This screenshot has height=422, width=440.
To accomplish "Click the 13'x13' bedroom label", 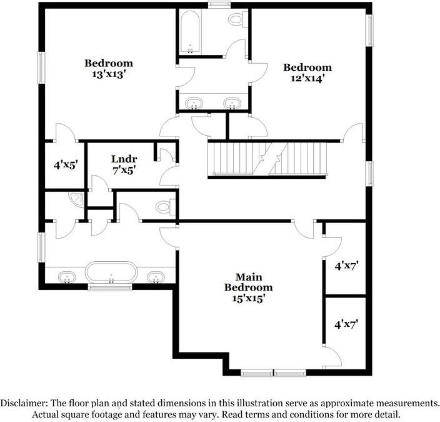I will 109,68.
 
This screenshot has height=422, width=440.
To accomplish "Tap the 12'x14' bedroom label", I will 307,73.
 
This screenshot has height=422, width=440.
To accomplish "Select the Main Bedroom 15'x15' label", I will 249,287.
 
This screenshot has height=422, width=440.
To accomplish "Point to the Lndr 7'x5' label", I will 124,163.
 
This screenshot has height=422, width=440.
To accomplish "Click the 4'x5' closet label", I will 64,165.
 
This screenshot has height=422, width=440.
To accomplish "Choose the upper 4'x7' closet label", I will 346,265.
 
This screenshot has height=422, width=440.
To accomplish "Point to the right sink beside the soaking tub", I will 156,277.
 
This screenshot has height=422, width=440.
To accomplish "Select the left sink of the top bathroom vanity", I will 195,103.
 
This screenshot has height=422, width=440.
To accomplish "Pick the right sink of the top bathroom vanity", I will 232,103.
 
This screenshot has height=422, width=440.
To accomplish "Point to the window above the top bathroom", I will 219,6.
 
